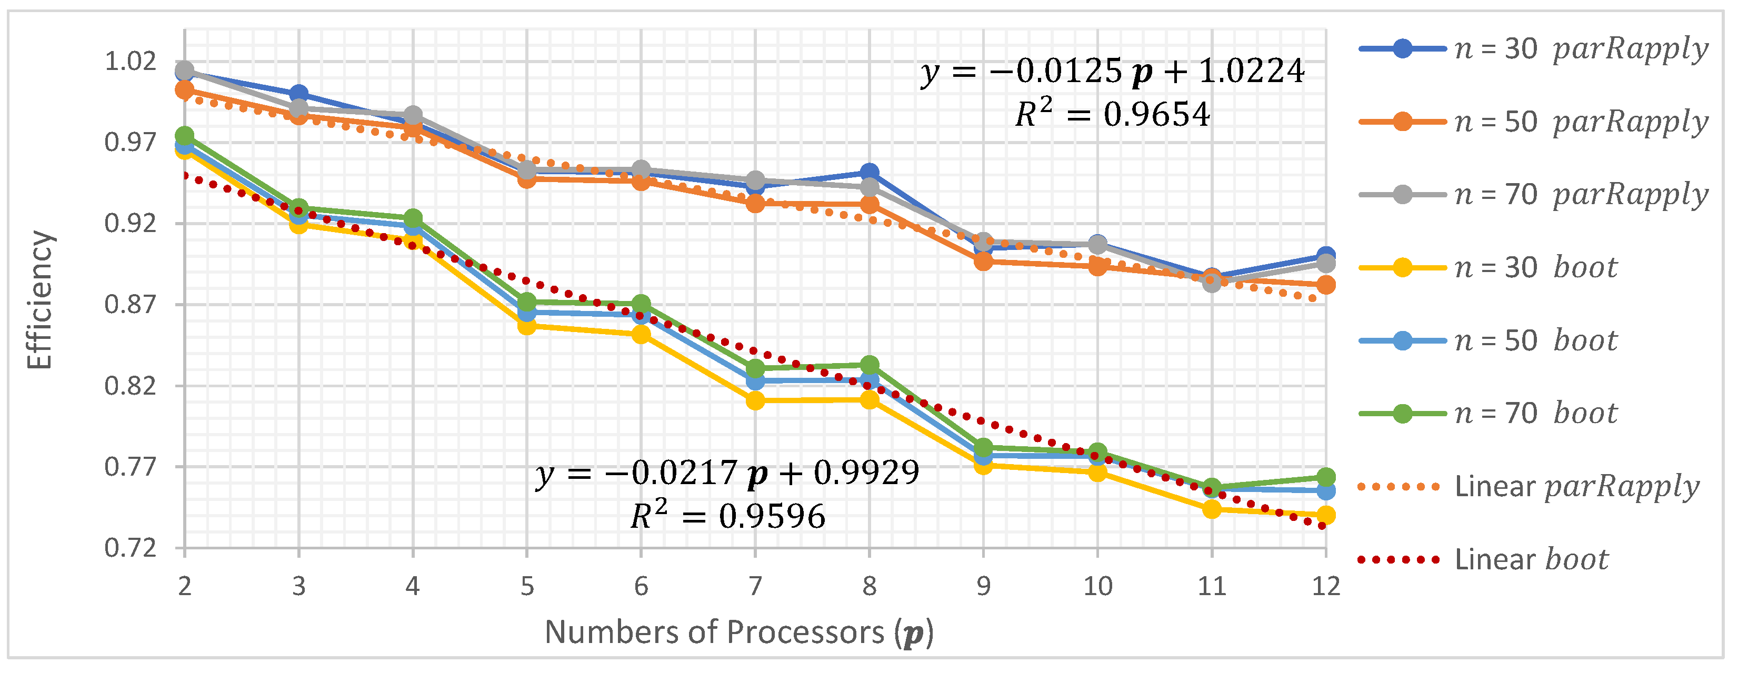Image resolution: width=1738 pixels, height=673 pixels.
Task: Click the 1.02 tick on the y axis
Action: click(130, 62)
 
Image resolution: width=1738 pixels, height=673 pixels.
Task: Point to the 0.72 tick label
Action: click(130, 548)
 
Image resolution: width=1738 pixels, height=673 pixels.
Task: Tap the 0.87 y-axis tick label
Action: click(130, 305)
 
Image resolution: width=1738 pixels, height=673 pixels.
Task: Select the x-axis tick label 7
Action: click(755, 586)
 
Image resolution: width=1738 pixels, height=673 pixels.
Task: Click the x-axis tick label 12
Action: click(1325, 586)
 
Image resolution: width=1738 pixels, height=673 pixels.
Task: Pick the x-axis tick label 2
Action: click(185, 586)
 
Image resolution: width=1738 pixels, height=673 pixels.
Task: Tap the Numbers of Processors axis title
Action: click(739, 632)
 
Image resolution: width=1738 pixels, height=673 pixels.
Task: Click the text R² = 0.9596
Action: click(727, 517)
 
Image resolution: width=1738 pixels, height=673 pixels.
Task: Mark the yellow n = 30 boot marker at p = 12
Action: click(1326, 515)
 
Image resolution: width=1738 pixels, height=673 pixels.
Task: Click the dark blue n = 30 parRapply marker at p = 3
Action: click(299, 94)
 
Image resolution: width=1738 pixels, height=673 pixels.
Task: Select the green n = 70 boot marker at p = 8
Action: click(870, 365)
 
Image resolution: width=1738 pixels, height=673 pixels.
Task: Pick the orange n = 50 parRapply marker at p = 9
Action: click(983, 261)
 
